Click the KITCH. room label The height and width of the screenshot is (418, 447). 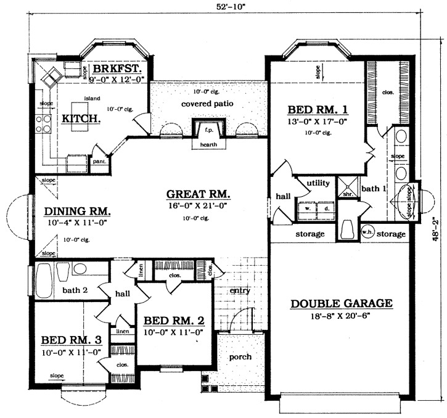tap(81, 117)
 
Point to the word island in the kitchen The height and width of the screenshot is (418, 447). tap(92, 99)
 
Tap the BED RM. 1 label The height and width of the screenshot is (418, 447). tap(318, 110)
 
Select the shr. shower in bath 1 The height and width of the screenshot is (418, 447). tap(347, 192)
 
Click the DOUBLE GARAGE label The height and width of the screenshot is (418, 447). tap(341, 303)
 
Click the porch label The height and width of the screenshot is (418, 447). tap(240, 357)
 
